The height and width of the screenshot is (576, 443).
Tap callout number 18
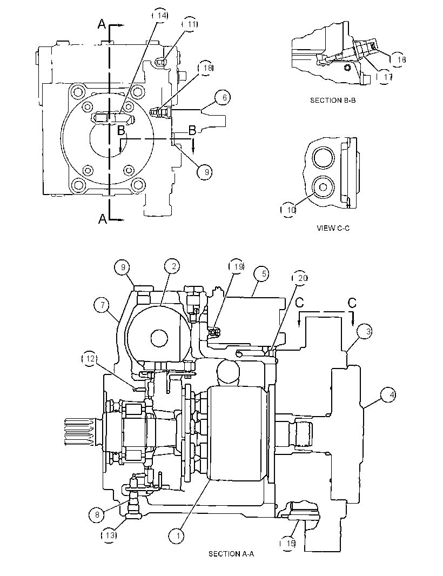click(x=206, y=68)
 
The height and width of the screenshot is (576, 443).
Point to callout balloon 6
click(x=224, y=98)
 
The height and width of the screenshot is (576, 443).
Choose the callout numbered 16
click(x=399, y=59)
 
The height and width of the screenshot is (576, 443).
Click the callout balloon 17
click(x=386, y=77)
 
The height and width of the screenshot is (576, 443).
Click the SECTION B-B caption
click(x=333, y=101)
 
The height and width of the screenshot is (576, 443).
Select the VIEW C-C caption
click(x=333, y=228)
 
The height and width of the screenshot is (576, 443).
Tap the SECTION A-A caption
click(x=231, y=554)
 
